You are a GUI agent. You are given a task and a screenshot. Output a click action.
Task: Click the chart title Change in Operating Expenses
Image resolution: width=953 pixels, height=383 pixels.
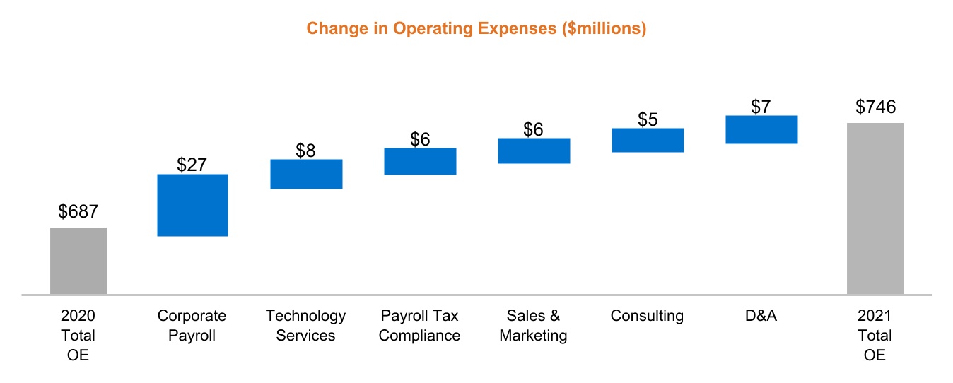pos(476,29)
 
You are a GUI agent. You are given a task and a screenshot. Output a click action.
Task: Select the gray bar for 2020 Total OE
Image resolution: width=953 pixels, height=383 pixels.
pos(78,260)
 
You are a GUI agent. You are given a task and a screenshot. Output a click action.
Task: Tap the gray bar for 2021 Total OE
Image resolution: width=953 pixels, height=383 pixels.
pos(875,208)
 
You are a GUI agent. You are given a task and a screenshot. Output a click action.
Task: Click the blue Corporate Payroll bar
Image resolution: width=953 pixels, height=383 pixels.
pos(192,205)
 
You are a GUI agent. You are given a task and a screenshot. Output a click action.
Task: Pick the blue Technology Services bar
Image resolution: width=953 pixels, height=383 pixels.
pos(306,174)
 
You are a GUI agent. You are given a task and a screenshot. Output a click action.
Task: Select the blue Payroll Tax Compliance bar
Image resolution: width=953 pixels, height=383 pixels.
pos(420,161)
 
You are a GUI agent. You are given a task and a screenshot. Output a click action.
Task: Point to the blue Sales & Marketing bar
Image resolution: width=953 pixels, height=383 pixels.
pos(534,151)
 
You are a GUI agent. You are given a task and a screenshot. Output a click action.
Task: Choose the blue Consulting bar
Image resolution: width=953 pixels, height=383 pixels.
pos(648,140)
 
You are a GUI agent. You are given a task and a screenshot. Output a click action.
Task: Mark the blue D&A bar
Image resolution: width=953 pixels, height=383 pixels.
pos(761,129)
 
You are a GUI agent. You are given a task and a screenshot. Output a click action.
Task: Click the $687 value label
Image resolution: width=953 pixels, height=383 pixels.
pos(78,211)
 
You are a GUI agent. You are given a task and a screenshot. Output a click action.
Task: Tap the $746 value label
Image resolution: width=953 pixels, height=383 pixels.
pos(875,107)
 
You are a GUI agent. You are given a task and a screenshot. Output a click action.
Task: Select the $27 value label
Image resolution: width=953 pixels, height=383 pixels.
pos(192,165)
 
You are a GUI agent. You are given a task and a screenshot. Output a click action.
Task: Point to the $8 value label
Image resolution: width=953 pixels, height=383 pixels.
pos(305,151)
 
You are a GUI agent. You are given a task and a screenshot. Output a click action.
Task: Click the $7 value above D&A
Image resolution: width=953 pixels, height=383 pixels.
pos(761,107)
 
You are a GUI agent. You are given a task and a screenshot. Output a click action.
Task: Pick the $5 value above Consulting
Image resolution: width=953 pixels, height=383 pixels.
pos(648,119)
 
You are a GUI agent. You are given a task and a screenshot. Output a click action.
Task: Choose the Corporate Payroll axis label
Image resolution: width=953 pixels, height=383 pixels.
pos(192,325)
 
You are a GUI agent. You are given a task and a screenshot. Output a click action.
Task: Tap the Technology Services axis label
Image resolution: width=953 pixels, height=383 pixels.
pos(305,325)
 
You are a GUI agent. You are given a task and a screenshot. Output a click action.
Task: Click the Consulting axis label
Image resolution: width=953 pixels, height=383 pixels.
pos(647,316)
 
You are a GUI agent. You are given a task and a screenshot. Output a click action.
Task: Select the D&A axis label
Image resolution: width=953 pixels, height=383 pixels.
pos(761,316)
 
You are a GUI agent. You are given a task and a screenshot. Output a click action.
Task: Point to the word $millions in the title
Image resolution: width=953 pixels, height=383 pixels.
pos(607,29)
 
